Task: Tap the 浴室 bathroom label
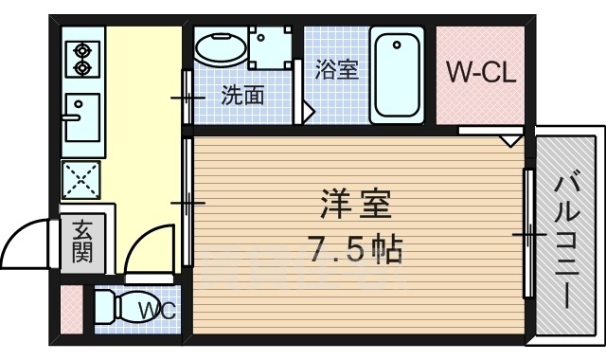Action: tap(337, 69)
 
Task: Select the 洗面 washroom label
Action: tap(241, 95)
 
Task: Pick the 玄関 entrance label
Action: tap(80, 241)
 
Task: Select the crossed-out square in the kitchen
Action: tap(80, 177)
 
